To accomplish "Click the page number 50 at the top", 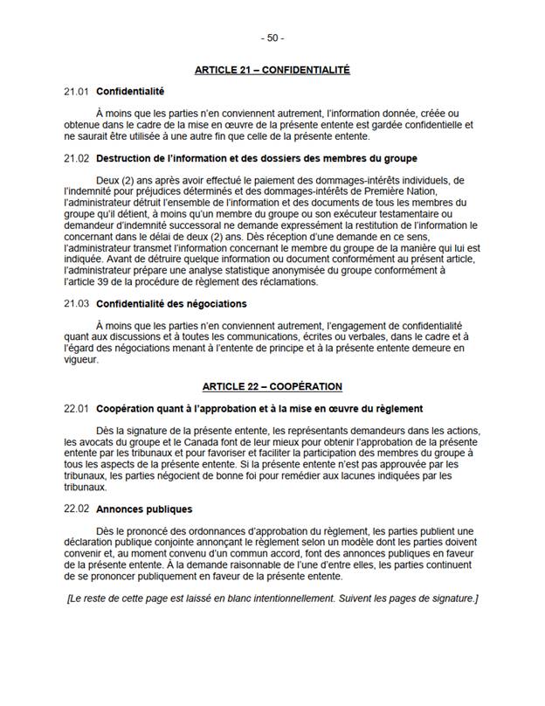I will tap(272, 38).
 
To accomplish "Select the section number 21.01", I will tap(77, 91).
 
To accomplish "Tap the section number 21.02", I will tap(77, 158).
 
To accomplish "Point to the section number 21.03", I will tap(77, 303).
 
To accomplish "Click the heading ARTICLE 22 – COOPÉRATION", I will tap(272, 385).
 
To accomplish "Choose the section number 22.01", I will tap(77, 408).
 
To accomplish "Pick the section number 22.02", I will tap(77, 509).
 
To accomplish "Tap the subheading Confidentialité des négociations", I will tap(172, 303).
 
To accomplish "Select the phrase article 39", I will tap(87, 281).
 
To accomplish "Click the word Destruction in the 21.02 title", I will tap(128, 158).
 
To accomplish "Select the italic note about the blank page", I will tap(272, 598).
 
